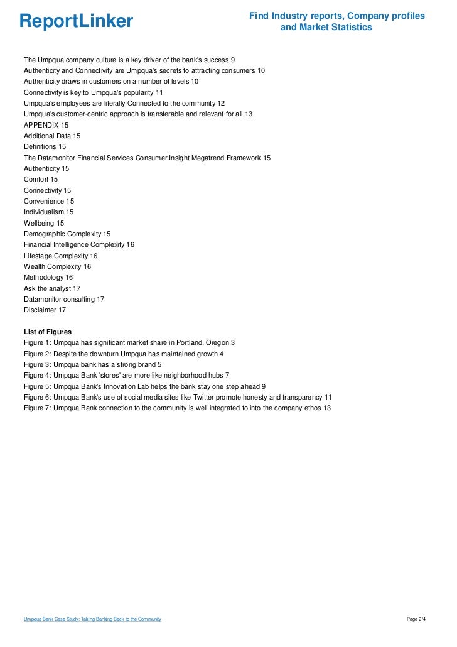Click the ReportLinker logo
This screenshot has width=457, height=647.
point(76,21)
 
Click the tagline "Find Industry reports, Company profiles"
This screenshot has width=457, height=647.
point(337,16)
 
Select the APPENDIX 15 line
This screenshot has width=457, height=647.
point(46,125)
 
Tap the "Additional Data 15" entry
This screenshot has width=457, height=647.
point(52,136)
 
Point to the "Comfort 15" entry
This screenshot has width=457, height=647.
point(40,179)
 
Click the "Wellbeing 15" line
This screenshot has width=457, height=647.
point(44,223)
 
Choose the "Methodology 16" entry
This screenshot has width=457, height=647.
point(48,277)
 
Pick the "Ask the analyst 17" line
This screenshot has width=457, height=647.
point(52,288)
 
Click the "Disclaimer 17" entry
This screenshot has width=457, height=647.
point(45,310)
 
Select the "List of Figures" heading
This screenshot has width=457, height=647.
point(48,332)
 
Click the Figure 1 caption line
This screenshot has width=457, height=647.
point(129,342)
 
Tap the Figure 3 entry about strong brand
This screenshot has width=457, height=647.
point(93,364)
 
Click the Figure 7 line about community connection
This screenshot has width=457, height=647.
point(177,408)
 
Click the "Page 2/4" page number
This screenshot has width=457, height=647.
point(416,619)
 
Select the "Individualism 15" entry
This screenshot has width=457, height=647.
point(49,212)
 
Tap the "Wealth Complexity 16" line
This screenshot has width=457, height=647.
point(57,266)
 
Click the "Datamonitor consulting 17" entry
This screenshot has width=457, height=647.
point(64,299)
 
